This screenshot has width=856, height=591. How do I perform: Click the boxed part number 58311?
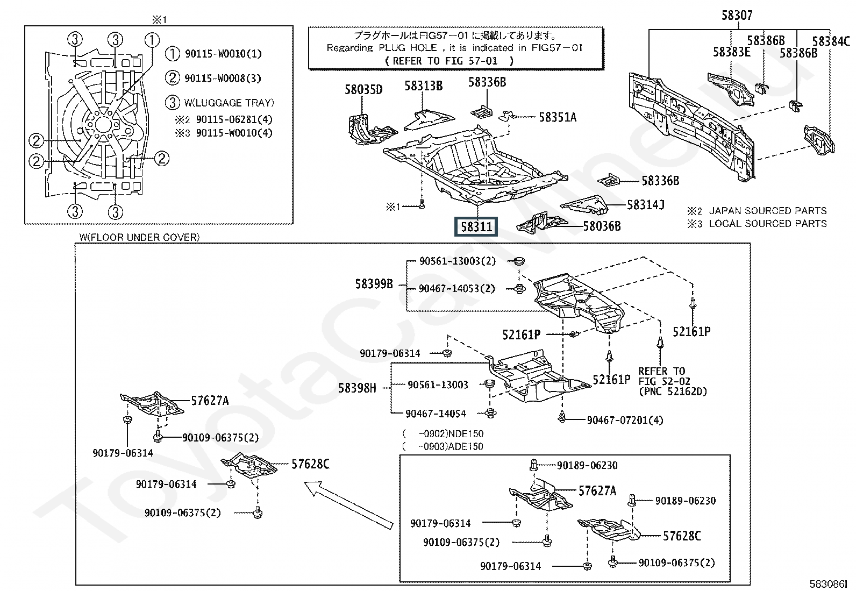click(476, 227)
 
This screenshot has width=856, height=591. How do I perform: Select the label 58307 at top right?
click(737, 16)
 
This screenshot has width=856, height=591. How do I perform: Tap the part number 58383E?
click(731, 52)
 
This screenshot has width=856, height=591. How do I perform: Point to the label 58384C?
click(831, 41)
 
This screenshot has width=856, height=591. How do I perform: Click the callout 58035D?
click(363, 89)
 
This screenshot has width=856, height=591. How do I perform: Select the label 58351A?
click(557, 117)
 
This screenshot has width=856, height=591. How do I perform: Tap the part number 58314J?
click(645, 204)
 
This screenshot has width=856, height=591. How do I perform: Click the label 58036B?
click(602, 226)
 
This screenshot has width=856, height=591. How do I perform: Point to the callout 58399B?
click(374, 283)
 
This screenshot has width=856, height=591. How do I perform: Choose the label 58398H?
click(357, 387)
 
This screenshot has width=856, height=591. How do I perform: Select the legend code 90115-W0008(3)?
click(223, 79)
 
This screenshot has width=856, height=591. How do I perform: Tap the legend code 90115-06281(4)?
click(234, 119)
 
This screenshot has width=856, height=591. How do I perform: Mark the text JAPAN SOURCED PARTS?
click(767, 211)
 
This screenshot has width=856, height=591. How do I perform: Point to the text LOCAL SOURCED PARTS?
click(767, 224)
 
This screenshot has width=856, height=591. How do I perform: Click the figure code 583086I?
click(829, 583)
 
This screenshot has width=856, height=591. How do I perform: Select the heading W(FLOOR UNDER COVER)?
click(139, 237)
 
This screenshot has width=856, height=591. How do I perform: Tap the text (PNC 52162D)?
click(673, 391)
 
